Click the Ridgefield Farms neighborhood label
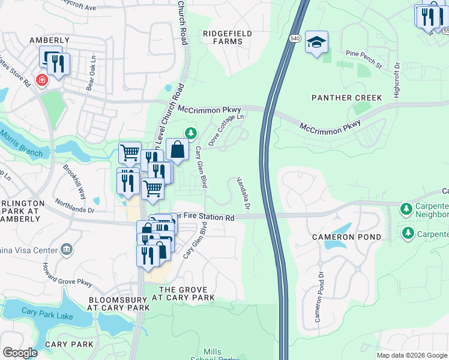point(223,37)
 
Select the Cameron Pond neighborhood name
point(346,237)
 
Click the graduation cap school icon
point(316,43)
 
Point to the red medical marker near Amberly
point(41,80)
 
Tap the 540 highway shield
point(294,38)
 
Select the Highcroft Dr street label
point(396,83)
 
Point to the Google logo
point(20,353)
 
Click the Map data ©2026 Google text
point(411,355)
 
